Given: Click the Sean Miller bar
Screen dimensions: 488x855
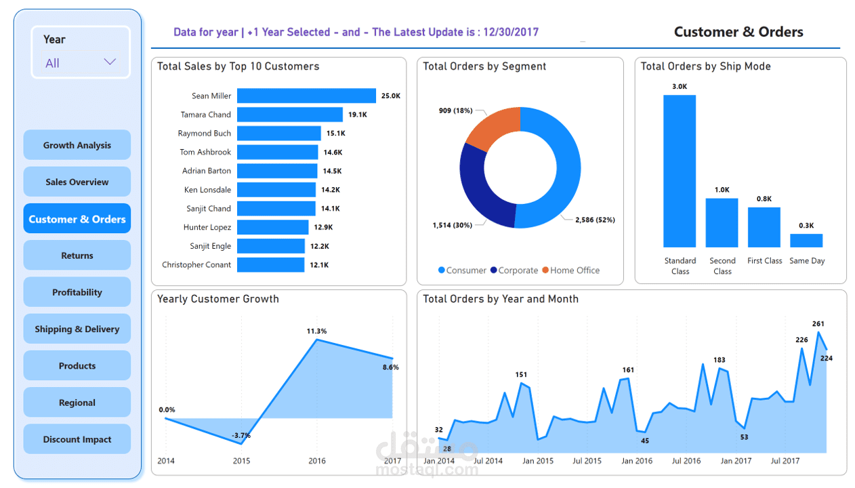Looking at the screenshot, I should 306,96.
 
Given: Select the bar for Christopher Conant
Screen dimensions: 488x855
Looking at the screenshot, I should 270,265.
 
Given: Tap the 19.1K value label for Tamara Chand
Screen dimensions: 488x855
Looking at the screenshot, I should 358,115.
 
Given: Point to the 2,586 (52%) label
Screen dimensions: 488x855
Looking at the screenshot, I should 595,220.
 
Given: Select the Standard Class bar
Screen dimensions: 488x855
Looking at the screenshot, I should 680,171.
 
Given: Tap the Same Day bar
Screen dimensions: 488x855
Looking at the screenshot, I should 806,241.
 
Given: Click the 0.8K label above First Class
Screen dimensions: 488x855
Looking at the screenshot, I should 764,199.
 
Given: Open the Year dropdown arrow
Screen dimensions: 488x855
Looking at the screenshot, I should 110,62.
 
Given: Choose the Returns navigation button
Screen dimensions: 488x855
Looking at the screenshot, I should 77,256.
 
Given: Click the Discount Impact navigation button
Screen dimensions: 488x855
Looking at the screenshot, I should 77,439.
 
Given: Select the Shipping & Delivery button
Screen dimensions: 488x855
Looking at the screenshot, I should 77,329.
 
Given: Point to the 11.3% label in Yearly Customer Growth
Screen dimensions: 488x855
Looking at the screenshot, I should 316,331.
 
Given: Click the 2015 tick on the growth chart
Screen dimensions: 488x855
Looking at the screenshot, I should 241,461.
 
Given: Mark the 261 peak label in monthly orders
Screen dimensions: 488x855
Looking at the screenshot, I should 818,324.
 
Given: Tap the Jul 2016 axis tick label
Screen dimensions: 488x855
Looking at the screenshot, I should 686,461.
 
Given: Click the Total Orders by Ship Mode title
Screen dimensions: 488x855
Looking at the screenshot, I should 705,66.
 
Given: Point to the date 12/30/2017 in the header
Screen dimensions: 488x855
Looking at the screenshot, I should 511,32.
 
